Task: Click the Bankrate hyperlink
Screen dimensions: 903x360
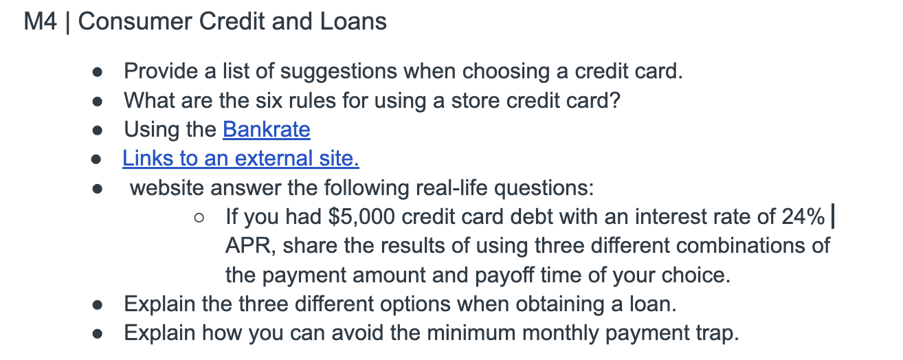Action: pos(267,129)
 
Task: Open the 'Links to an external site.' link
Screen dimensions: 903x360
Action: pos(241,158)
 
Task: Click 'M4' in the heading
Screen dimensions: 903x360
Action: pos(41,21)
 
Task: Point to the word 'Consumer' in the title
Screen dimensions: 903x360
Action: pos(135,21)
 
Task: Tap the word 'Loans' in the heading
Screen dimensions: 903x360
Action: pos(353,21)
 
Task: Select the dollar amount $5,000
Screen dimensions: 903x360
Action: pos(361,217)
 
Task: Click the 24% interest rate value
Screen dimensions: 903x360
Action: pos(803,216)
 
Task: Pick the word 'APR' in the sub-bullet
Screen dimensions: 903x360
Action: pos(250,246)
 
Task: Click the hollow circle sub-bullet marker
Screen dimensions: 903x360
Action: pos(199,218)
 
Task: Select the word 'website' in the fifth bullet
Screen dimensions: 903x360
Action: pos(166,188)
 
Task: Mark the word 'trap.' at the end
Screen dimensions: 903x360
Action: pos(717,334)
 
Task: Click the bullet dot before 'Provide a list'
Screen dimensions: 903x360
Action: pos(97,73)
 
